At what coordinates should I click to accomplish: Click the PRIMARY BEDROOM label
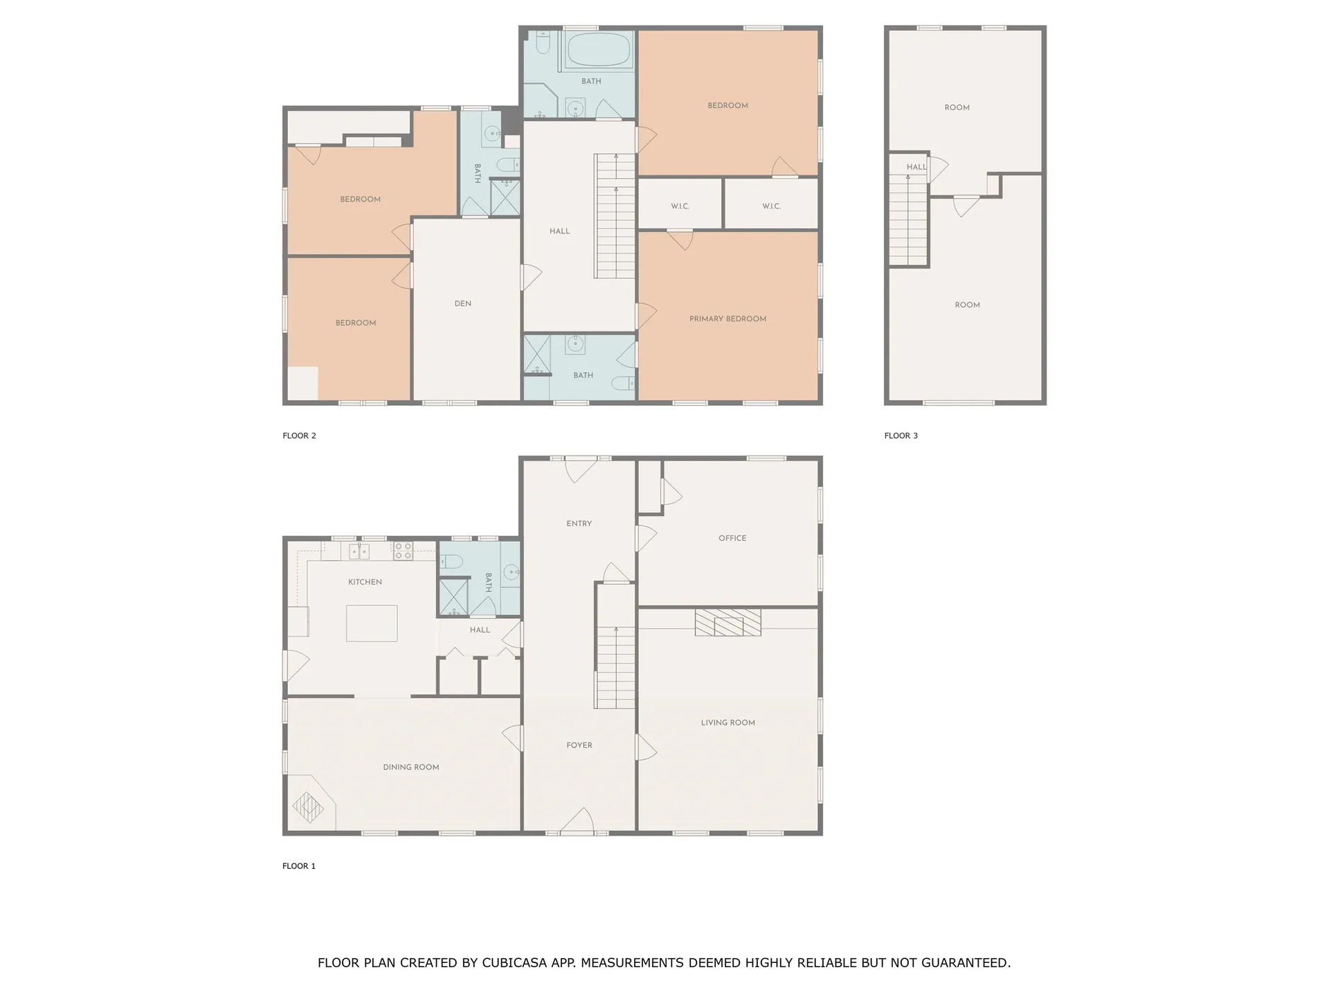(727, 319)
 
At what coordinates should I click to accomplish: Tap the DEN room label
(463, 304)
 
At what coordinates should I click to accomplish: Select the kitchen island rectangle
(372, 623)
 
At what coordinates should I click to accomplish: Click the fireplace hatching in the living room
(727, 622)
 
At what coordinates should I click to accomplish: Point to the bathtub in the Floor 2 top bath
(599, 51)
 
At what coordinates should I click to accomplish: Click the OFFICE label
(732, 538)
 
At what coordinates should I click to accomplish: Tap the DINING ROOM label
(411, 767)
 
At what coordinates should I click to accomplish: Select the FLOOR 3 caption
(901, 435)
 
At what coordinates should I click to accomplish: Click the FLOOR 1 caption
(298, 866)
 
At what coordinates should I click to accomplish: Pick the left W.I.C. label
(680, 206)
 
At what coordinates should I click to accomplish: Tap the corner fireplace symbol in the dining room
(308, 807)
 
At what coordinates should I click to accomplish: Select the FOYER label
(579, 746)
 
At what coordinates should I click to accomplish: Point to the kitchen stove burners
(403, 551)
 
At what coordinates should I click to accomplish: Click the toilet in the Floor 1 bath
(451, 561)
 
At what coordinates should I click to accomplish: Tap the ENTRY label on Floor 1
(579, 524)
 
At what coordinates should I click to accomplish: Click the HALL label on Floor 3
(916, 167)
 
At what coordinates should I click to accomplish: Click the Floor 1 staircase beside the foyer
(615, 667)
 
